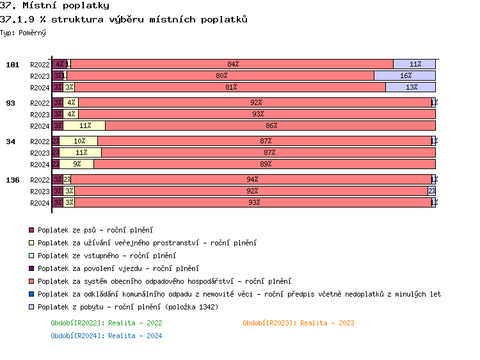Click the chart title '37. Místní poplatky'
coord(54,6)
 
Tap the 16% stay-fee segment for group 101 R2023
coord(404,76)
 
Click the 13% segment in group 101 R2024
coord(410,87)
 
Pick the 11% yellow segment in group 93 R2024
coord(84,126)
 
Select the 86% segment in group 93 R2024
coord(270,126)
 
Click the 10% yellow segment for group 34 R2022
coord(79,141)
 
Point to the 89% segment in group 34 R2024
coord(264,164)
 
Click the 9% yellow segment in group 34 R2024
coord(77,164)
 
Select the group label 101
coord(13,65)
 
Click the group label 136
coord(13,180)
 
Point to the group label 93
coord(11,103)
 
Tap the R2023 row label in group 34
coord(40,153)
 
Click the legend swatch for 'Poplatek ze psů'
coord(31,230)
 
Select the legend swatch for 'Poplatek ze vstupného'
coord(31,256)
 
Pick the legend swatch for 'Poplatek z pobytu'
coord(31,307)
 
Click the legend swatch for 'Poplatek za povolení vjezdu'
coord(31,268)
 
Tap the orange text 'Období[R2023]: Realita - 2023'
coord(298,323)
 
